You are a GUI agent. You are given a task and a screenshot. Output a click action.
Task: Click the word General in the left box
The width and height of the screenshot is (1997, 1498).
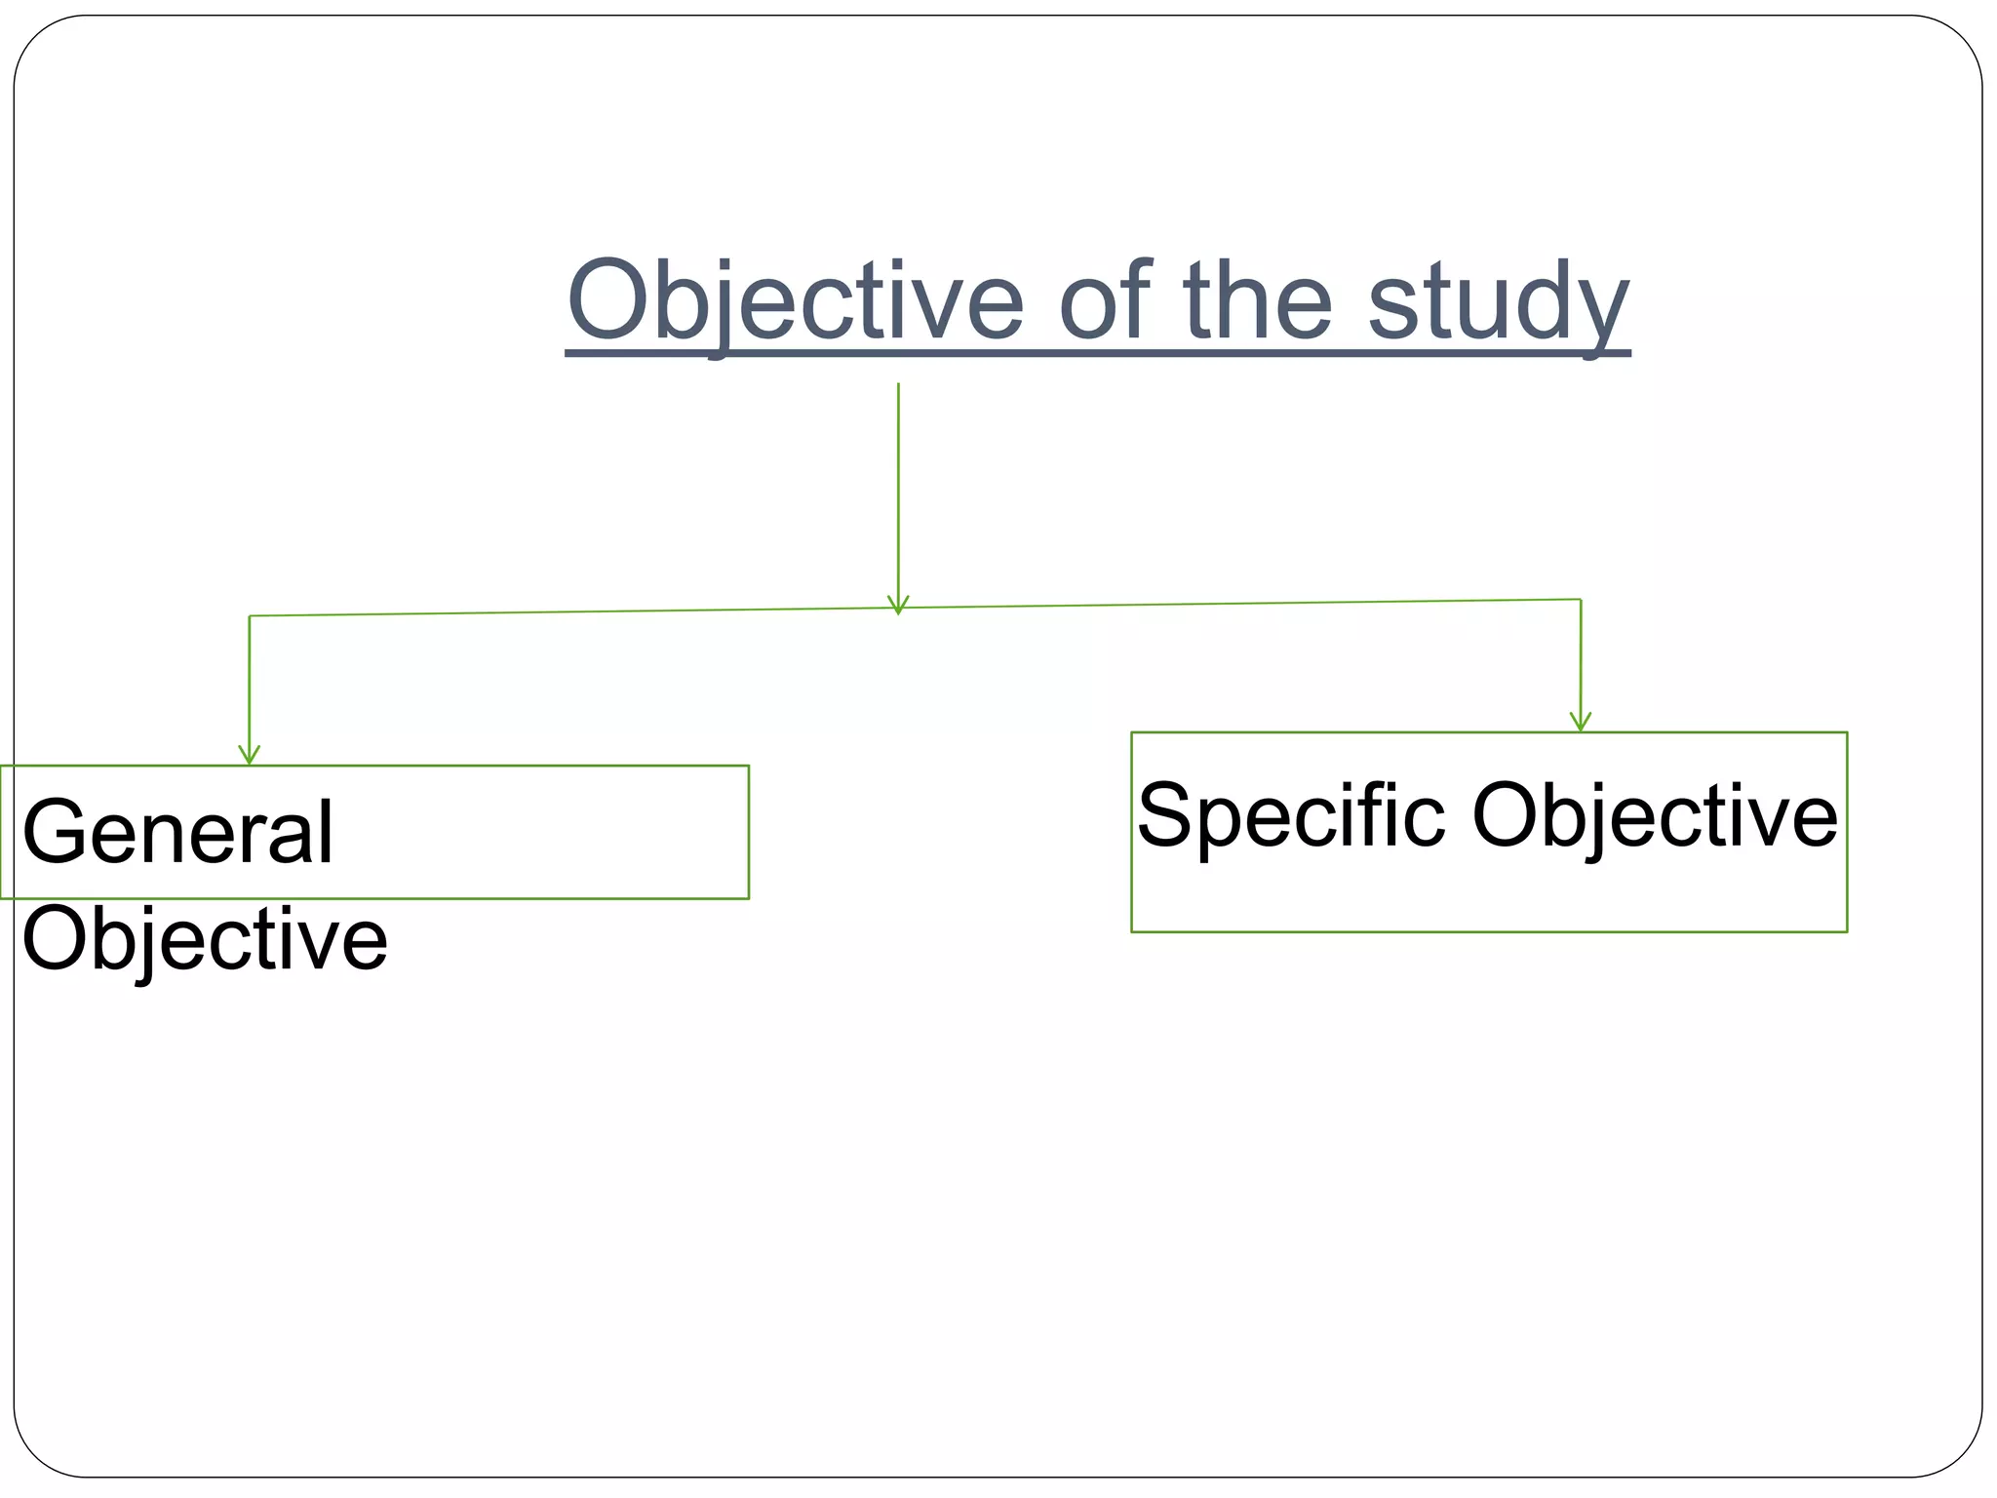click(x=178, y=832)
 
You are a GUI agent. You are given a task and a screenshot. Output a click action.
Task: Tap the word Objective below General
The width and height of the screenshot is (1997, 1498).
click(x=205, y=939)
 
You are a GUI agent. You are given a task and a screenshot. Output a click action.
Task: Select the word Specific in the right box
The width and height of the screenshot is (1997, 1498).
click(x=1291, y=815)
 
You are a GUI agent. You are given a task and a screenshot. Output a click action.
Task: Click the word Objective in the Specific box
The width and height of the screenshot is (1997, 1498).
click(x=1654, y=815)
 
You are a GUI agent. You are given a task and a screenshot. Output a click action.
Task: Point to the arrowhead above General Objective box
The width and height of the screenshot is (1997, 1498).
click(x=250, y=755)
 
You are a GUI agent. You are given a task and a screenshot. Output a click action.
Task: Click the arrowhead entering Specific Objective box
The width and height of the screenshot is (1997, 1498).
click(x=1581, y=722)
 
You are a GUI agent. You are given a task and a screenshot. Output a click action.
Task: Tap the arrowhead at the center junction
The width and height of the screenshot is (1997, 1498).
click(x=898, y=605)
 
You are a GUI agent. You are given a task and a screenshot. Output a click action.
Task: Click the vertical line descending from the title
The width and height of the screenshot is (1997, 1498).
click(x=898, y=488)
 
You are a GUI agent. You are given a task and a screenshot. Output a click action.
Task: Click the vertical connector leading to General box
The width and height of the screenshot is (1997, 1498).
click(x=250, y=683)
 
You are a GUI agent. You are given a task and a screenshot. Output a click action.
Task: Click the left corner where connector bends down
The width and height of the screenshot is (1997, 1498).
click(x=250, y=615)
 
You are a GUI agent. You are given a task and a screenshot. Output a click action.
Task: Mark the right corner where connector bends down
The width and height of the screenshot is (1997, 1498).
click(x=1581, y=599)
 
